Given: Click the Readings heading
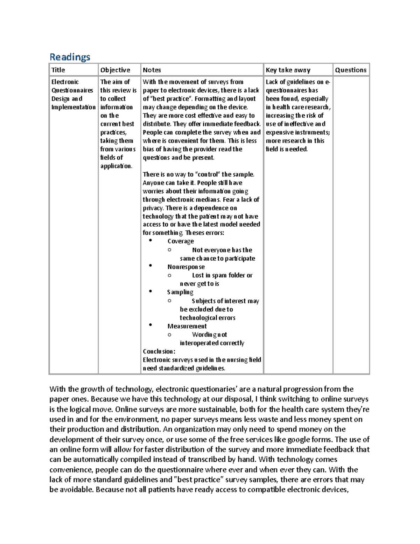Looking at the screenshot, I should pyautogui.click(x=70, y=57).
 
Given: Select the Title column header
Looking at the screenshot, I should pyautogui.click(x=58, y=70).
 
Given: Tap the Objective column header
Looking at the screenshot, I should pyautogui.click(x=115, y=70).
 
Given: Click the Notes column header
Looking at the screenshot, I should pyautogui.click(x=152, y=70).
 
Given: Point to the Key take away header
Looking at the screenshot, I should pyautogui.click(x=288, y=70).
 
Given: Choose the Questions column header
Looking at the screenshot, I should pyautogui.click(x=351, y=70).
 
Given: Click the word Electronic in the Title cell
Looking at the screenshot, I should pyautogui.click(x=65, y=82).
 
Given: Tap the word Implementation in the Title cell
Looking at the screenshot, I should pyautogui.click(x=73, y=107).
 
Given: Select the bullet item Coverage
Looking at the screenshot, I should pyautogui.click(x=181, y=241).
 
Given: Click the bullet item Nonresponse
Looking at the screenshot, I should pyautogui.click(x=186, y=267).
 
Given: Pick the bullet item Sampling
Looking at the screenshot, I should pyautogui.click(x=180, y=292).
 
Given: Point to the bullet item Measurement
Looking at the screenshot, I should pyautogui.click(x=187, y=326).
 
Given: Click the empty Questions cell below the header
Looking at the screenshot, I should pyautogui.click(x=351, y=224).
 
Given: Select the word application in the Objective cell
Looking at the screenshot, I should pyautogui.click(x=116, y=166).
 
